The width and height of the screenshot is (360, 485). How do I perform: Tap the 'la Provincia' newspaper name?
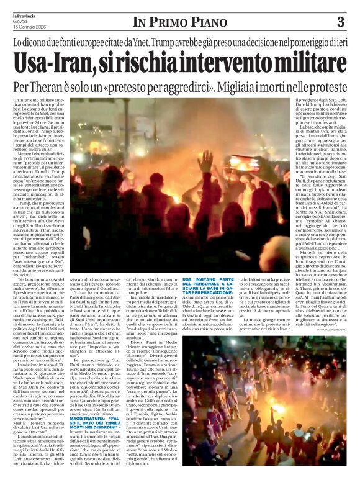coord(28,14)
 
